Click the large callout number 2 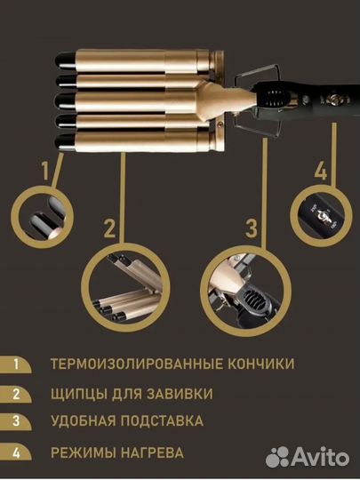(109, 229)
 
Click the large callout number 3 (252, 226)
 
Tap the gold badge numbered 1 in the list (15, 364)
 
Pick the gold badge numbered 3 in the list (15, 421)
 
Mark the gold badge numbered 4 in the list (15, 452)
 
